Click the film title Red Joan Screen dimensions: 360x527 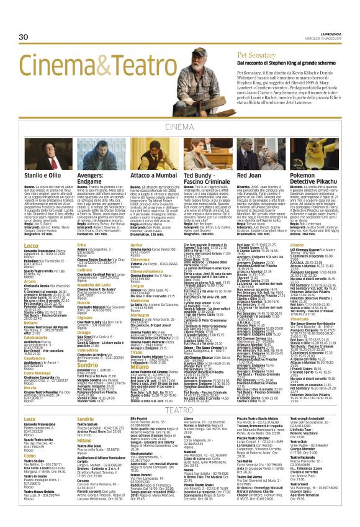point(250,175)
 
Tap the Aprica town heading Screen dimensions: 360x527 point(137,246)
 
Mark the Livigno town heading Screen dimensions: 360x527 point(137,302)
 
